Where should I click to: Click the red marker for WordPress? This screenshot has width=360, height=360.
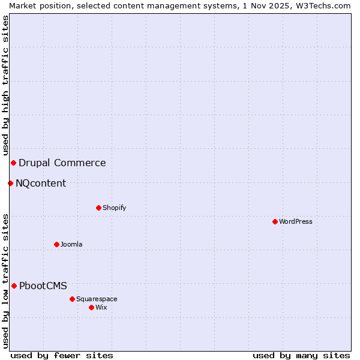(275, 221)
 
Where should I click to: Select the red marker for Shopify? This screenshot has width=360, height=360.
(98, 208)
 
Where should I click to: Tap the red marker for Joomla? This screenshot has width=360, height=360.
(56, 244)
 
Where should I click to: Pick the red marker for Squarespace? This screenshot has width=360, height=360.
(72, 299)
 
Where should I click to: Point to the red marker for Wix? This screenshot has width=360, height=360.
(91, 307)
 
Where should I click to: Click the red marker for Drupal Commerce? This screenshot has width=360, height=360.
(13, 163)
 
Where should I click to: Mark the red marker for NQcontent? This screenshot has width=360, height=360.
(10, 183)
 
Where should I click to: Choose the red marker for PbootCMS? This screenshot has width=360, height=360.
(14, 286)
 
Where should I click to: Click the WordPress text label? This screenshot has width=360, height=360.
(296, 221)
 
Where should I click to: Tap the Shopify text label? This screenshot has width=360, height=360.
(114, 208)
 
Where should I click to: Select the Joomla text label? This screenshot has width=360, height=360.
(71, 244)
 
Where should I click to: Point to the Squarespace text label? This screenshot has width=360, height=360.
(97, 299)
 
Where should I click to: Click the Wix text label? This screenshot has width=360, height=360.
(101, 307)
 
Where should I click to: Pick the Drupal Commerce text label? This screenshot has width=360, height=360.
(62, 163)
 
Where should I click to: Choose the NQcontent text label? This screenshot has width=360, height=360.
(41, 183)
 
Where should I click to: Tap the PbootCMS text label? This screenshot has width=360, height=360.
(43, 286)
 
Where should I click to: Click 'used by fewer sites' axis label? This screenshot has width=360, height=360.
(62, 355)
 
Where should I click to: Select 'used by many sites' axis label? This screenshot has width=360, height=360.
(301, 355)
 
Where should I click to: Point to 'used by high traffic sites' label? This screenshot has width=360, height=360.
(5, 85)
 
